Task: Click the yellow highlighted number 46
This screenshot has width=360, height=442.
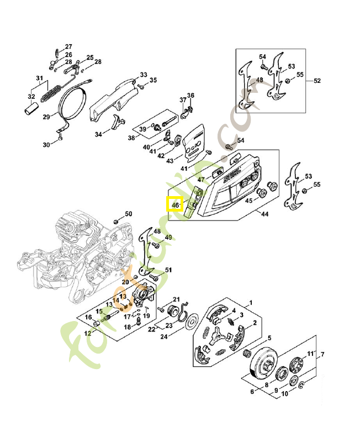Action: coord(175,204)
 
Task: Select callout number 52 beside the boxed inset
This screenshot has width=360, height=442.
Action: coord(317,81)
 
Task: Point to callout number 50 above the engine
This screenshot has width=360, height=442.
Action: coord(128,214)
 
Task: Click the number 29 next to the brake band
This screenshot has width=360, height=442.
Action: coord(46,117)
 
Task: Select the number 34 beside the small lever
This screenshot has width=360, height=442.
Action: coord(98,134)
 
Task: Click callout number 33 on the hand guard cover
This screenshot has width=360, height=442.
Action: coord(143,75)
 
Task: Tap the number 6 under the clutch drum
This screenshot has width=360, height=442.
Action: coord(252,392)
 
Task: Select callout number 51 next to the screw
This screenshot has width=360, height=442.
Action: coord(168,270)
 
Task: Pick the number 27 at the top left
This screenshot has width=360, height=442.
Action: coord(68,46)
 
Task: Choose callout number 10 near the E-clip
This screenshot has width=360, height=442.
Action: coord(285,394)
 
